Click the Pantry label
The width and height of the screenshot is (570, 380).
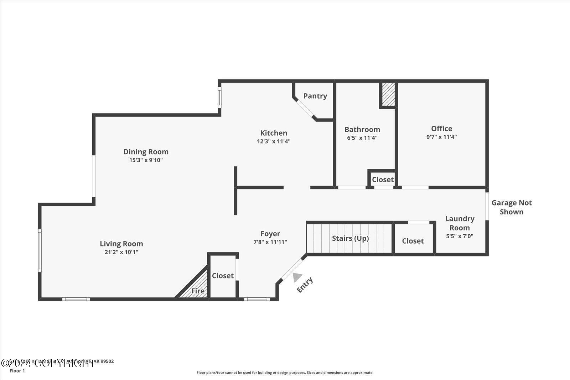point(315,96)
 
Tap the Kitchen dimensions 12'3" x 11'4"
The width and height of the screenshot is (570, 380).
point(274,141)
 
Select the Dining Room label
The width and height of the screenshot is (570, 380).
point(146,152)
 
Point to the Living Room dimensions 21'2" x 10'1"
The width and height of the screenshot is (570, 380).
point(121,252)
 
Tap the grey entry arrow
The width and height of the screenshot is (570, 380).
point(297,277)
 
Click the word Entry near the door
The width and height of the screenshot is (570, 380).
point(305,285)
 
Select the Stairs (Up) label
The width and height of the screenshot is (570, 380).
point(350,238)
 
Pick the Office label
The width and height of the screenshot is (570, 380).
point(441,129)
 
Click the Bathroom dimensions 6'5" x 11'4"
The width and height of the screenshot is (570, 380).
point(362,138)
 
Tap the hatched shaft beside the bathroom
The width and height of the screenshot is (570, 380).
point(388,94)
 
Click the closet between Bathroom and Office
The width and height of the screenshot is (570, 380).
point(383,179)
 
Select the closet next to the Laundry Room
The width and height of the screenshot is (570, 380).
point(413,241)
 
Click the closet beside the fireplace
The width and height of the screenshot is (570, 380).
point(223,276)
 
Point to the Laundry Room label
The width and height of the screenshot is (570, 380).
point(460,223)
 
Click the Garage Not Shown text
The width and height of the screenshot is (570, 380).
point(512,207)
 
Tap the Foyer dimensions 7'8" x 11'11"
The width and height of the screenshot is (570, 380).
point(270,242)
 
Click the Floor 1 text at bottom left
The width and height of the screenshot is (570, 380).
point(17,371)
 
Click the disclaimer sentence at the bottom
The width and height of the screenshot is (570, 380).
point(285,373)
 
